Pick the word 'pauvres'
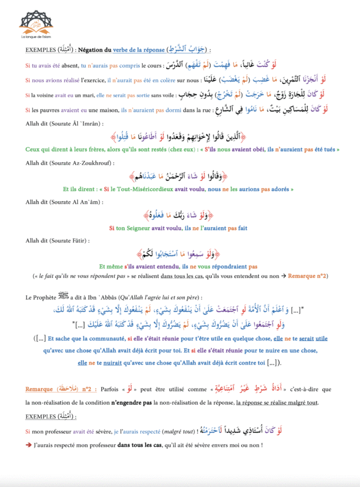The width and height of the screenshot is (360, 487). tap(49, 110)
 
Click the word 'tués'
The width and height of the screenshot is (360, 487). tap(323, 148)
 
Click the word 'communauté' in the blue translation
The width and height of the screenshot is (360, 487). tap(122, 339)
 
